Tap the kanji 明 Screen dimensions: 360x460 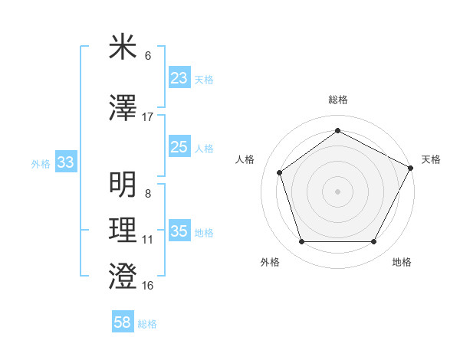coord(123,185)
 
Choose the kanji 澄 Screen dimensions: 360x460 coord(123,276)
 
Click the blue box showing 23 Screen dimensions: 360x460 coord(179,78)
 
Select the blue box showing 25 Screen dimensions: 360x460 coord(179,147)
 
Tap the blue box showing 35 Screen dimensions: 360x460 coord(179,231)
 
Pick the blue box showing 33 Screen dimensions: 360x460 coord(65,162)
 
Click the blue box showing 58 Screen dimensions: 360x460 coord(122,322)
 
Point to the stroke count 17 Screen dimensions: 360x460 coord(147,117)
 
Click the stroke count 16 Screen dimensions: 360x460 coord(147,286)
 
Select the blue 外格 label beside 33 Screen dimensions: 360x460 coord(41,163)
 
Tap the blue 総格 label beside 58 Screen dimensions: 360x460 coord(147,324)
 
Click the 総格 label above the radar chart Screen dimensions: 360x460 coord(337,100)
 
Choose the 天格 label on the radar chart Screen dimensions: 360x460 coord(431,159)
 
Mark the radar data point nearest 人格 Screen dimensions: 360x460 coord(280,172)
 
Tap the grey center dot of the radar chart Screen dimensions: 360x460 coord(337,191)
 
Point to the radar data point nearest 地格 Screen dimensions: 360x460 coord(373,242)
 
